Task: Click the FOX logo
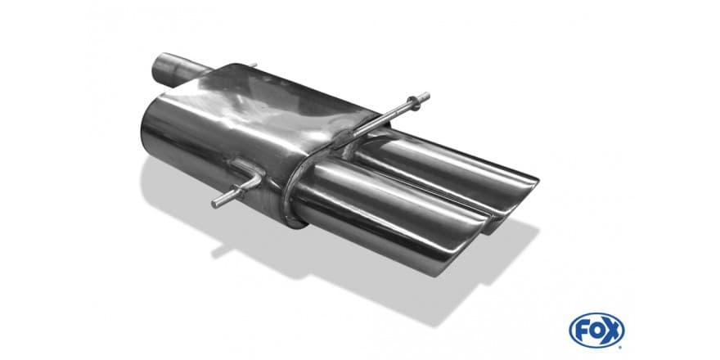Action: click(596, 331)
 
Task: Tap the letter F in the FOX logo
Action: click(582, 331)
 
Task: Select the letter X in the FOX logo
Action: click(612, 331)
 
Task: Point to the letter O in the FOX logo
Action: click(596, 331)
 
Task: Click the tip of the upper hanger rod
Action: click(426, 97)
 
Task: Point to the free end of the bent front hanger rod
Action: click(215, 204)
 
